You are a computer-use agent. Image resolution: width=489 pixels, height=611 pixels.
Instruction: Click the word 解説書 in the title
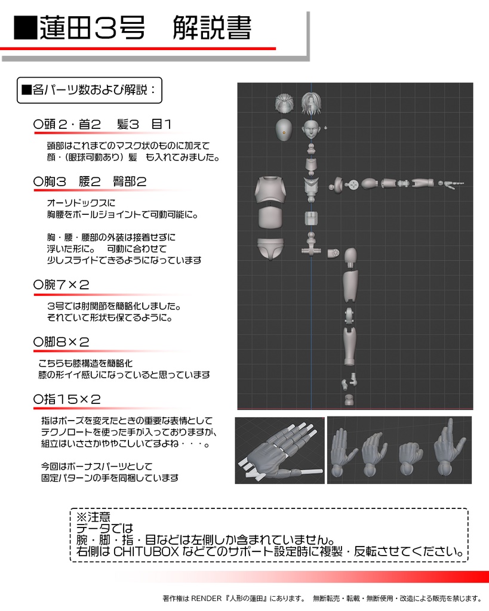click(x=212, y=27)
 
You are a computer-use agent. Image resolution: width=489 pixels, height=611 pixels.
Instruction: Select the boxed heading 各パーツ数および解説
click(x=90, y=90)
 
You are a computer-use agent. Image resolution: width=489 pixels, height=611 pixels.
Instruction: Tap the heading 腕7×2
click(x=62, y=285)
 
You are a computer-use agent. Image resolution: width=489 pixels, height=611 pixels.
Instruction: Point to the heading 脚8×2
click(x=62, y=342)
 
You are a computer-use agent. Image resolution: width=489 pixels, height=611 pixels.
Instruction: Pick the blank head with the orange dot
click(x=284, y=129)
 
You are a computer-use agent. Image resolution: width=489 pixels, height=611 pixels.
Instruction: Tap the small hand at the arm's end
click(x=453, y=183)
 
